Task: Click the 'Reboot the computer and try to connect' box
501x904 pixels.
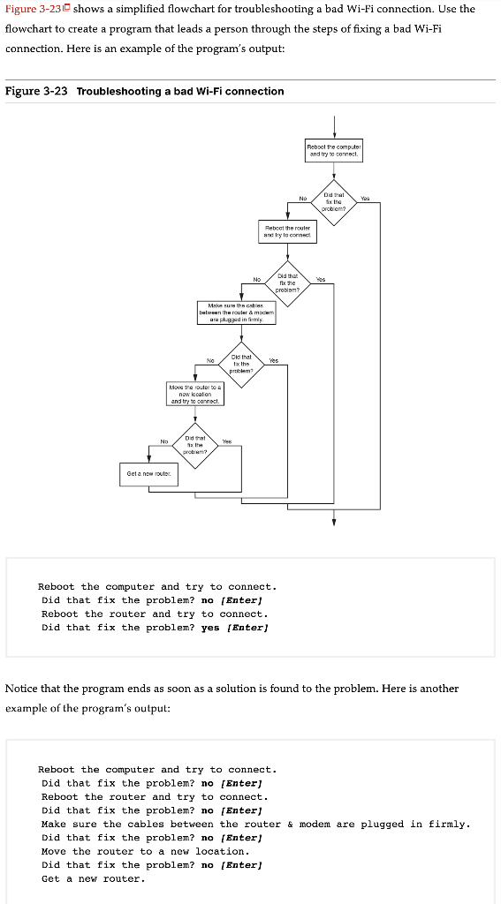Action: coord(334,150)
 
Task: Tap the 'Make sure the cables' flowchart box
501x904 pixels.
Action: coord(236,312)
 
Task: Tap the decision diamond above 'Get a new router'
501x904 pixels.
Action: coord(195,441)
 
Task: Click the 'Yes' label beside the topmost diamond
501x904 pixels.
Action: coord(365,199)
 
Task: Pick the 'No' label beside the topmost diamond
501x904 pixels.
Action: coord(302,199)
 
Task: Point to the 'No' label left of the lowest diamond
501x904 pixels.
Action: coord(164,441)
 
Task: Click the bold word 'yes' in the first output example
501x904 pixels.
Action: coord(210,628)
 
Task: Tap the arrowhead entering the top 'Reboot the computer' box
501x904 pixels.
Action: coord(334,134)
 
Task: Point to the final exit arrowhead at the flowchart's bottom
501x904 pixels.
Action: coord(334,522)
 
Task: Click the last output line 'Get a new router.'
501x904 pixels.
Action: coord(94,878)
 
